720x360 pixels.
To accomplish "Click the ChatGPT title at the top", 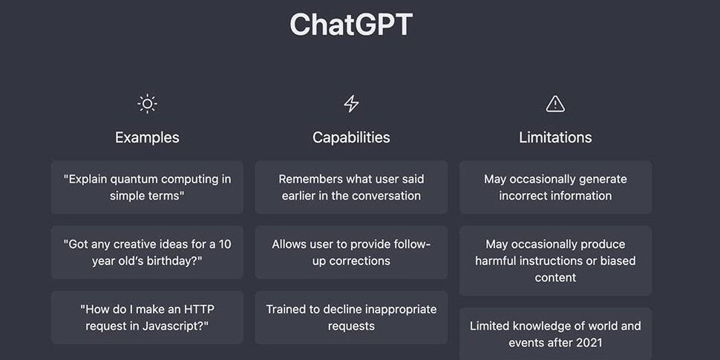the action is [351, 24].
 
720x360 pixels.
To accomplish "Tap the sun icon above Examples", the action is [147, 104].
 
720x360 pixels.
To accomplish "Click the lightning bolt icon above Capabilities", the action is [351, 104].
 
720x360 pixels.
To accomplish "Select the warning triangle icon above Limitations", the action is [555, 104].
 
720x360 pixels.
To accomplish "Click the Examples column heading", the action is [147, 137].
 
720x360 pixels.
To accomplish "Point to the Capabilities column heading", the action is [351, 137].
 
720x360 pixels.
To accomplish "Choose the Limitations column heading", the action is [555, 137].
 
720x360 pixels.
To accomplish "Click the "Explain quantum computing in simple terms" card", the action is [147, 187].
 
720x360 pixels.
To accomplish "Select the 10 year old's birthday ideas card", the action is [147, 252].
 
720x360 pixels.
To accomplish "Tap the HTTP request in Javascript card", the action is [147, 317].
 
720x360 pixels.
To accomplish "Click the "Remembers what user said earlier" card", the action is [351, 187].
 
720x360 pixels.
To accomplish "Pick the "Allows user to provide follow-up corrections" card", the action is [351, 252].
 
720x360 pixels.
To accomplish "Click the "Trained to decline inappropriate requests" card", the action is [351, 317].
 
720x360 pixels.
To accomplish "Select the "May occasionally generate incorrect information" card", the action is [555, 187].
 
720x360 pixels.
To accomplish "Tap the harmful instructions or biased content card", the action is [555, 261].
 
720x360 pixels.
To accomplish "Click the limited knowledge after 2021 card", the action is [555, 334].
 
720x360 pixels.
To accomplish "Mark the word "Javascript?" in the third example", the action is [177, 326].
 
